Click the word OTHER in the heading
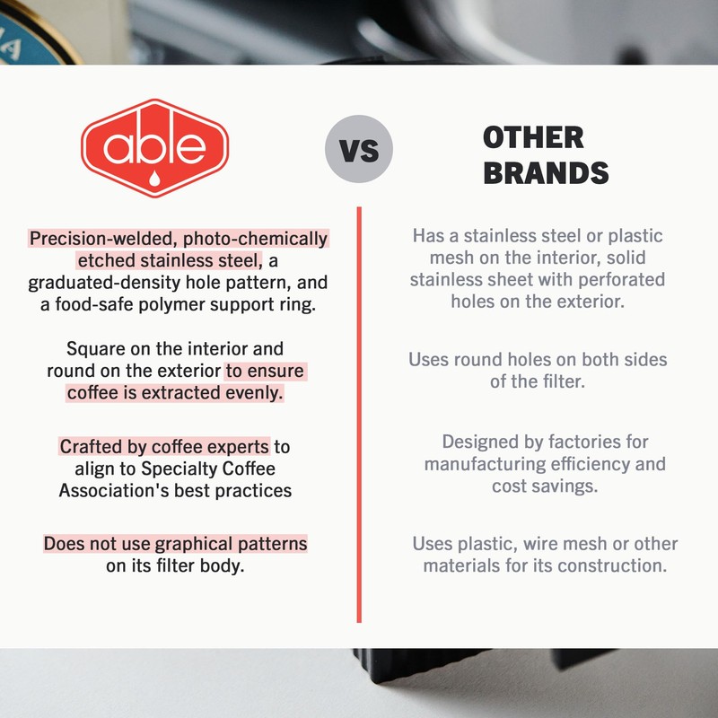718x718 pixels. [x=533, y=137]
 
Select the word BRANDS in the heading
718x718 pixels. [x=546, y=172]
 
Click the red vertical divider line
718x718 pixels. [x=359, y=413]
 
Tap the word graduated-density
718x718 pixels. [x=106, y=284]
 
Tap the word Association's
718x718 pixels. [x=116, y=491]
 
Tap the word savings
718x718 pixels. [x=568, y=486]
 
